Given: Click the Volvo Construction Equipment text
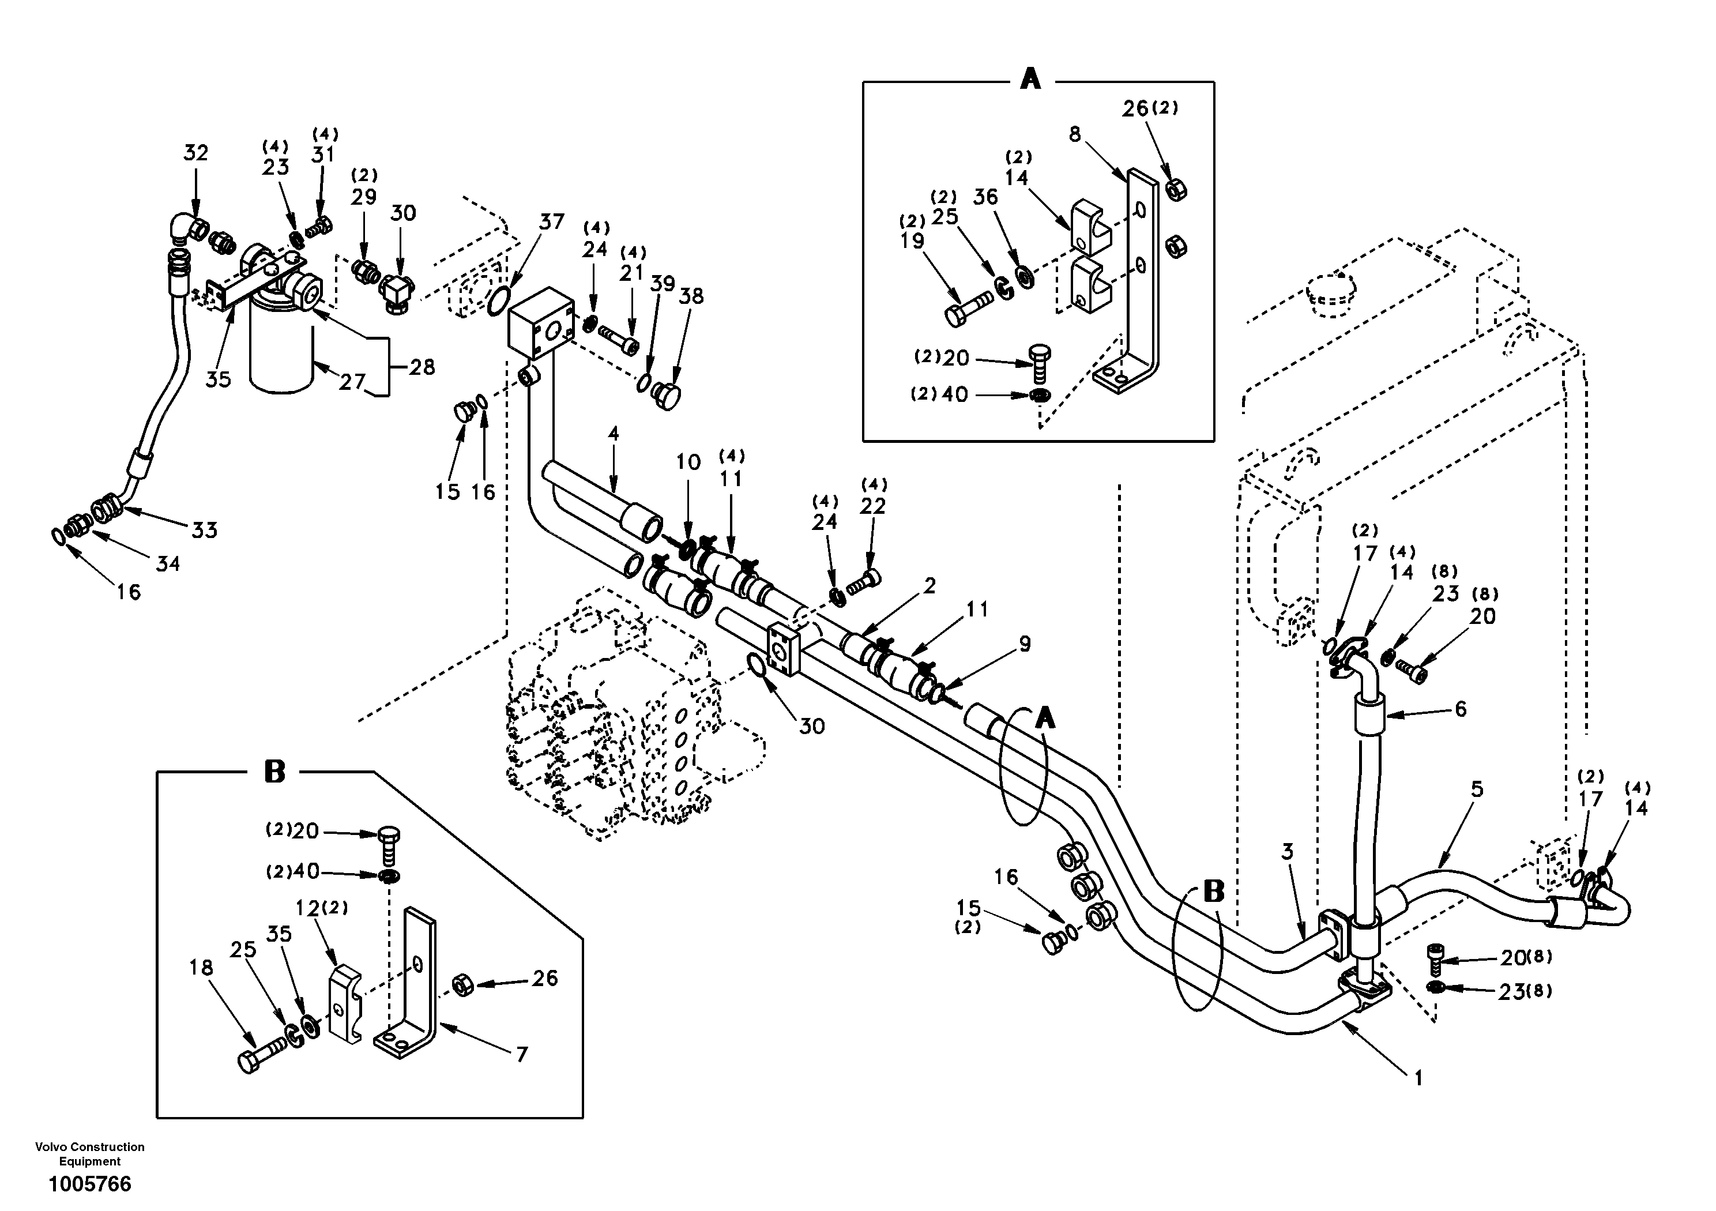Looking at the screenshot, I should point(90,1154).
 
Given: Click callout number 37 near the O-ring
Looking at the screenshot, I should point(552,222).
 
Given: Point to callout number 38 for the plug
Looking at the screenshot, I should point(691,296).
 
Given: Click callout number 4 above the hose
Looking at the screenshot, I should point(613,434).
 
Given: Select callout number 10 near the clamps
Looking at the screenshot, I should point(688,462).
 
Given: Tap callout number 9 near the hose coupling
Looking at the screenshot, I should point(1025,644).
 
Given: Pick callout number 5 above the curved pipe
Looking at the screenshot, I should point(1476,789).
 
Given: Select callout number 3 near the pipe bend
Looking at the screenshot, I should point(1287,852).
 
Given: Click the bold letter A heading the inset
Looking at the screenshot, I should point(1030,78).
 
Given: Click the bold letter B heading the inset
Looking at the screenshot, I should point(275,772).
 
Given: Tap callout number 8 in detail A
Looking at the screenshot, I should point(1075,134).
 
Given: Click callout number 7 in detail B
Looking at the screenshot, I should point(522,1055).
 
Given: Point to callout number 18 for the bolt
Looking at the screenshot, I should point(201,968).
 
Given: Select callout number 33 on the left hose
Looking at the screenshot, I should point(204,530).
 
